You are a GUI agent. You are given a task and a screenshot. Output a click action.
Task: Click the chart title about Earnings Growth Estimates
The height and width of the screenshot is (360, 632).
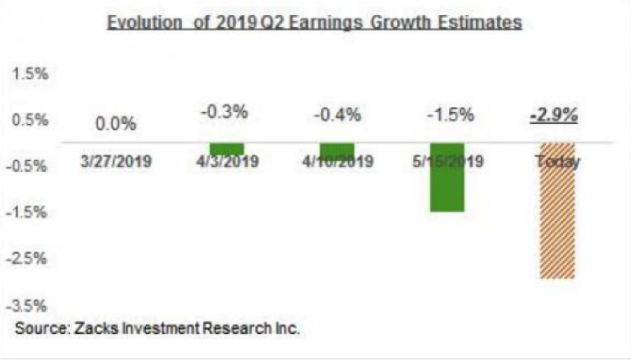pyautogui.click(x=314, y=23)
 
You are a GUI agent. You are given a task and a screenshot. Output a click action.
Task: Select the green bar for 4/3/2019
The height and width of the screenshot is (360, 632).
pyautogui.click(x=227, y=149)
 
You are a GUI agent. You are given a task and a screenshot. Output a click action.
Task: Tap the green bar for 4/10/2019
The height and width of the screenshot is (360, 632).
pyautogui.click(x=337, y=150)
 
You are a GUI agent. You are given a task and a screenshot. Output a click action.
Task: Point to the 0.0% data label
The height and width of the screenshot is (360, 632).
pyautogui.click(x=116, y=124)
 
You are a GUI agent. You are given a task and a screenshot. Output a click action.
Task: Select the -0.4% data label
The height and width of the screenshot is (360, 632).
pyautogui.click(x=337, y=113)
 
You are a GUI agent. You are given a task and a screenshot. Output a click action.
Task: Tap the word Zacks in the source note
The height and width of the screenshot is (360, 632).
pyautogui.click(x=93, y=326)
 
